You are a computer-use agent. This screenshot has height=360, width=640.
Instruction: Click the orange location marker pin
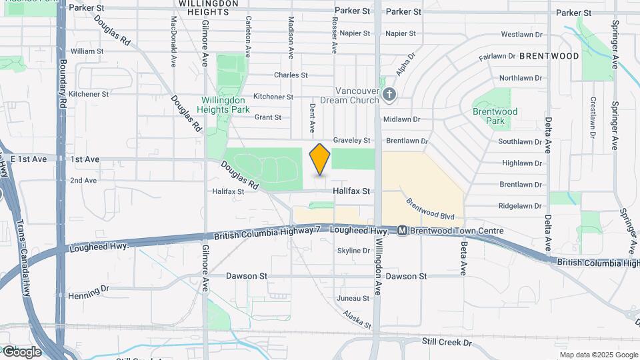tap(320, 159)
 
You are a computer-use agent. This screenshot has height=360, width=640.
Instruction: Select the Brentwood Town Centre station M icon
tap(402, 231)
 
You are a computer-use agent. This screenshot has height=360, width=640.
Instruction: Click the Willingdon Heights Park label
tap(225, 105)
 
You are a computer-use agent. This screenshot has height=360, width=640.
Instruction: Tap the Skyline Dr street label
tap(353, 251)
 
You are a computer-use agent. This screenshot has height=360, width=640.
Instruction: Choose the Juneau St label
tap(353, 298)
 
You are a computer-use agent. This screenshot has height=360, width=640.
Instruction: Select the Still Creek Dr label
tap(447, 342)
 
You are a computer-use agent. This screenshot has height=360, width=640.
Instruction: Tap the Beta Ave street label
tap(462, 259)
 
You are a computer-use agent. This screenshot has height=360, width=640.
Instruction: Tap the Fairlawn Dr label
tap(497, 57)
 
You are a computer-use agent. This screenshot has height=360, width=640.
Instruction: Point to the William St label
tap(87, 51)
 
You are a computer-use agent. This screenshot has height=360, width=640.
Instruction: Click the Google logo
tap(21, 352)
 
